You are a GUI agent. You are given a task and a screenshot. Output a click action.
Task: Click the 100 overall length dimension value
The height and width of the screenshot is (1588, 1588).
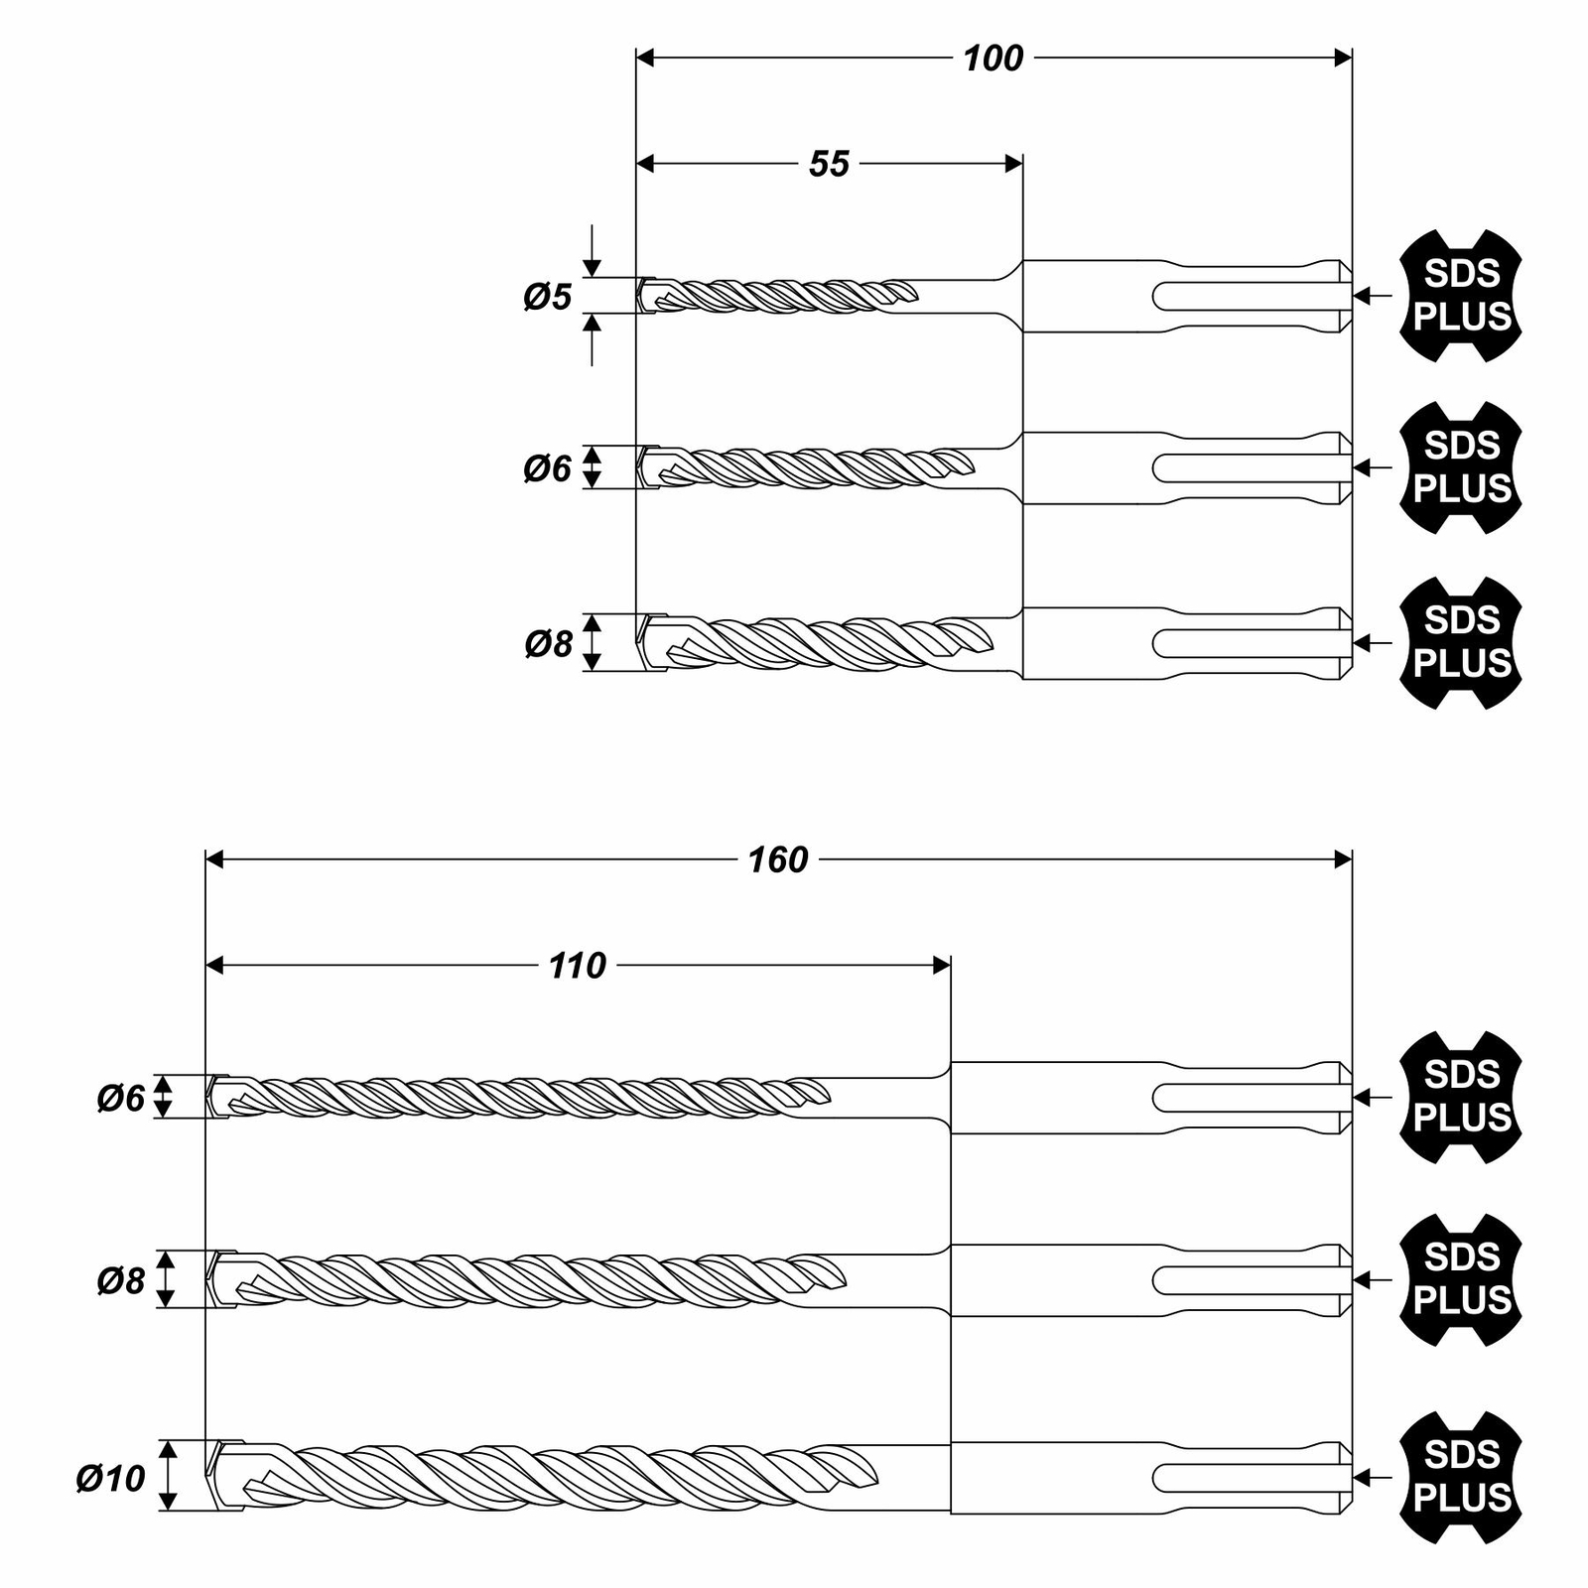coord(992,59)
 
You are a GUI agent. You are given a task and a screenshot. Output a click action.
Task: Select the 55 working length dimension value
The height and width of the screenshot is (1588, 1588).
coord(829,164)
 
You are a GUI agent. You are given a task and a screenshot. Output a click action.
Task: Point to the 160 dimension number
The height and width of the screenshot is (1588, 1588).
coord(778,860)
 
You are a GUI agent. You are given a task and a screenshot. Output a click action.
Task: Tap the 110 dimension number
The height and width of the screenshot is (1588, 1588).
coord(578,966)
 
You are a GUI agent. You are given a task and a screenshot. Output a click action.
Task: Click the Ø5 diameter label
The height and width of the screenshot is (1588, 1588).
coord(548,296)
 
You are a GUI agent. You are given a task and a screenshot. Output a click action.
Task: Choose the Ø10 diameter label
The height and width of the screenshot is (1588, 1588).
coord(111,1478)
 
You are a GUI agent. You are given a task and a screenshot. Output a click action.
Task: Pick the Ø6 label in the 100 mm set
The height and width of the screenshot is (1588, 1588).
coord(548,467)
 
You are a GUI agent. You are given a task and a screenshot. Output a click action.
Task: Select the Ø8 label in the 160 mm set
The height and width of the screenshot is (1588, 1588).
coord(121,1280)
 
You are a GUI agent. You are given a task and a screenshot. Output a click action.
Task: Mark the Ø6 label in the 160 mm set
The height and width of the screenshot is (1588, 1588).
coord(121,1098)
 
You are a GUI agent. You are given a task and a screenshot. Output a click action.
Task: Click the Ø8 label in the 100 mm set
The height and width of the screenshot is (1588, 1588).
coord(548,643)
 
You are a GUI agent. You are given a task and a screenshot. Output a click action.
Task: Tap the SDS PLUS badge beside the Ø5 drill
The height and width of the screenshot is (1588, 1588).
coord(1461,296)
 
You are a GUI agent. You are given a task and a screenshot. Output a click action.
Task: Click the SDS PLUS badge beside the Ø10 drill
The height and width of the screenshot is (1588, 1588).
coord(1461,1477)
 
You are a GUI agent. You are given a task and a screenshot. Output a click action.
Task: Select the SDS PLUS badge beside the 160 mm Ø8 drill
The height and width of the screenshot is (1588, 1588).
coord(1461,1280)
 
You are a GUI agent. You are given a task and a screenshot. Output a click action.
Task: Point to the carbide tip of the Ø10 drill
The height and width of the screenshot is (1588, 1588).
coord(226,1476)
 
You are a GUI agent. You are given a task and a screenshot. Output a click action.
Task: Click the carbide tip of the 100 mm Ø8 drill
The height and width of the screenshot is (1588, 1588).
coord(652,643)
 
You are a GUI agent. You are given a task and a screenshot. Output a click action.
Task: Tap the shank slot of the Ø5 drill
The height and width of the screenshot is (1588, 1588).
coord(1251,296)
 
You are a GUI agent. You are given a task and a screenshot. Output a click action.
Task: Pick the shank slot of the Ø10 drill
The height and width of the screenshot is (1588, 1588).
coord(1251,1478)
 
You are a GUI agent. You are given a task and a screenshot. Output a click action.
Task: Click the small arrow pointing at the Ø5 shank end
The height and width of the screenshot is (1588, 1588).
coord(1374,296)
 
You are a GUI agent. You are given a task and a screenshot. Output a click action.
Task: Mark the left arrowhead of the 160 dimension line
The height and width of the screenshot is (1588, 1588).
coord(214,860)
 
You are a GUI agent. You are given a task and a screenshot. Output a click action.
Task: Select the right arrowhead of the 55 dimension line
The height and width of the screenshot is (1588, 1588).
coord(1013,164)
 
